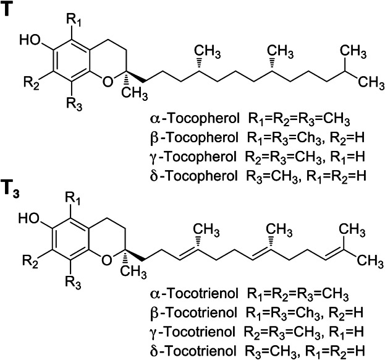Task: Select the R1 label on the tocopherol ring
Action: tap(77, 11)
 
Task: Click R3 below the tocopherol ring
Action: tap(77, 100)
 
